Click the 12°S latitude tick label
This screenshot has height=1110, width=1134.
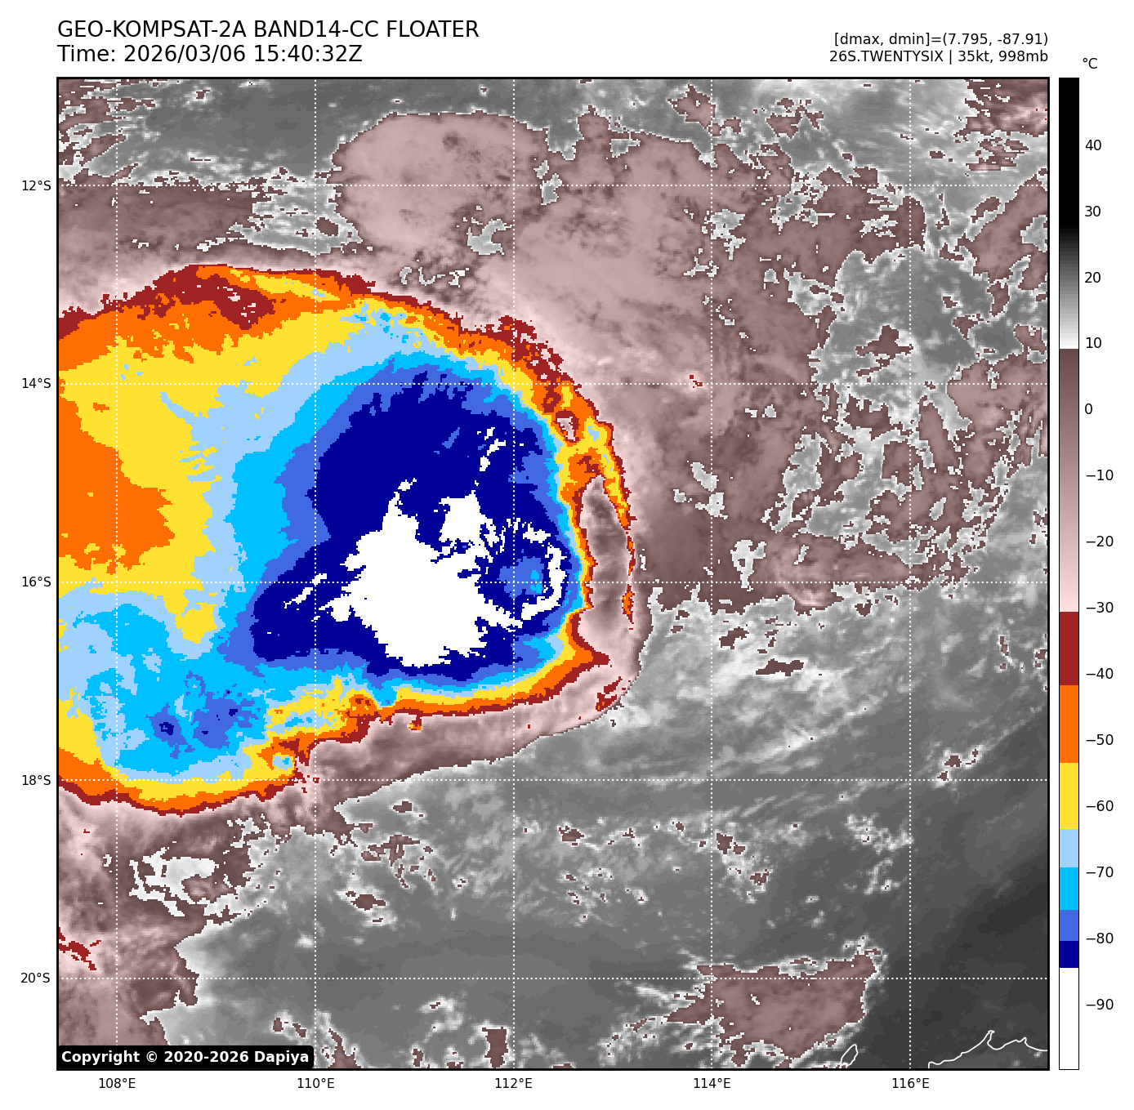[36, 185]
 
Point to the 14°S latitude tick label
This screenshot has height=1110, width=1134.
[36, 383]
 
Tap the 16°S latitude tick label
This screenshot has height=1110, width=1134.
[36, 582]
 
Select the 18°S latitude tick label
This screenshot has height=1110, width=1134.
[36, 780]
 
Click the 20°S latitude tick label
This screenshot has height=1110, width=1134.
[36, 978]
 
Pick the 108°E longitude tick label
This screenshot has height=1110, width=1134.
[117, 1083]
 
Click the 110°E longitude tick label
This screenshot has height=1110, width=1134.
[315, 1083]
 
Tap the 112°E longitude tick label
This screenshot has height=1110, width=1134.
[513, 1083]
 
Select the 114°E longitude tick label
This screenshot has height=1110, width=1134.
[712, 1083]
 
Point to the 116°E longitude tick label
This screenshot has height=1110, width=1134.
[910, 1083]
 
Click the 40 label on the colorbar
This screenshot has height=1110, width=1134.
[1093, 145]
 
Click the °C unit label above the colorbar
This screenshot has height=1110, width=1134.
[1090, 64]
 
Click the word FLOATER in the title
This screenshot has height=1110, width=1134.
[432, 30]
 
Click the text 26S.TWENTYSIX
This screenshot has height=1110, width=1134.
[886, 56]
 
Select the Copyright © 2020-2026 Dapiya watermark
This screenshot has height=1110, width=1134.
[185, 1057]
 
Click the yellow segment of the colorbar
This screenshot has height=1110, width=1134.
[1069, 796]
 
